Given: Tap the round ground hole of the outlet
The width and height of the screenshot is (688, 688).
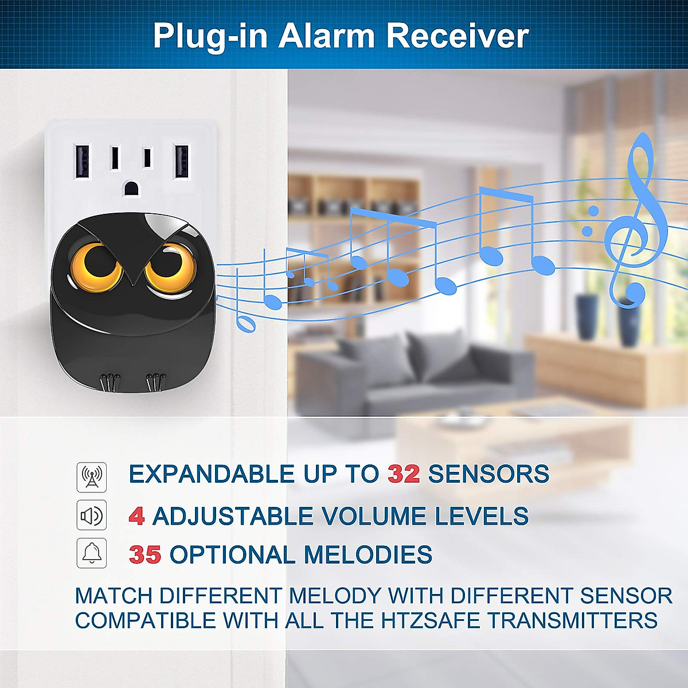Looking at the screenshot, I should point(131,187).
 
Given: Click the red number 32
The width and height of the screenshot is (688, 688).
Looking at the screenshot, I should point(404,474).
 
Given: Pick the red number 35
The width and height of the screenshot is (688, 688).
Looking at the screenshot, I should point(145,554).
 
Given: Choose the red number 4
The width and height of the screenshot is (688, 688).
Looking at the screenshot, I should point(136,516).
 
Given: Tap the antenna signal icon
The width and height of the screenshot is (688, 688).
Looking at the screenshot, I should point(92,477).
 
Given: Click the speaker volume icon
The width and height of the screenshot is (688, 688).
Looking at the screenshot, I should point(92,516).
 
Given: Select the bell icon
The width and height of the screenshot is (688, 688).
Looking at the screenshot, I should point(92,553).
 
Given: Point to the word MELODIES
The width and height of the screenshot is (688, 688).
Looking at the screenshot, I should point(368,554).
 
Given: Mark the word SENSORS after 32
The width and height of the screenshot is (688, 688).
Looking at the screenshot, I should point(488,474).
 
